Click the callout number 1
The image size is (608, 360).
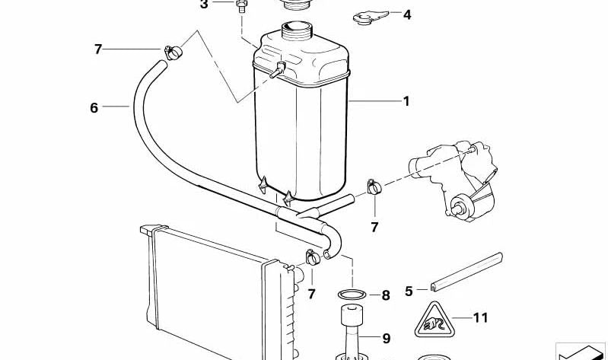tap(406, 101)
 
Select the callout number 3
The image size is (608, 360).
tap(204, 5)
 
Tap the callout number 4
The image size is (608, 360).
tap(407, 14)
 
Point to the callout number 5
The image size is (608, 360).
tap(409, 291)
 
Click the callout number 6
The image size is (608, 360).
tap(94, 108)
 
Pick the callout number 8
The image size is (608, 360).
tap(386, 295)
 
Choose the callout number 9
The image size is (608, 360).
tap(386, 339)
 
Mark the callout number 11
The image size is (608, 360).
tap(480, 318)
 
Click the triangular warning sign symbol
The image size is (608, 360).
tap(434, 320)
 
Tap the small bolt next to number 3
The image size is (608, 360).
tap(241, 6)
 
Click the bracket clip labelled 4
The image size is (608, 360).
tap(370, 17)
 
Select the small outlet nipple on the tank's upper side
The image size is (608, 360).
tap(278, 70)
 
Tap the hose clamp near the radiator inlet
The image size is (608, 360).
tap(312, 256)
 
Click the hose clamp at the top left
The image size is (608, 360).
tap(173, 53)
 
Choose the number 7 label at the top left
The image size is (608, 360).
tap(97, 49)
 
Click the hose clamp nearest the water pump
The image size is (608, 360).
tap(374, 187)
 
